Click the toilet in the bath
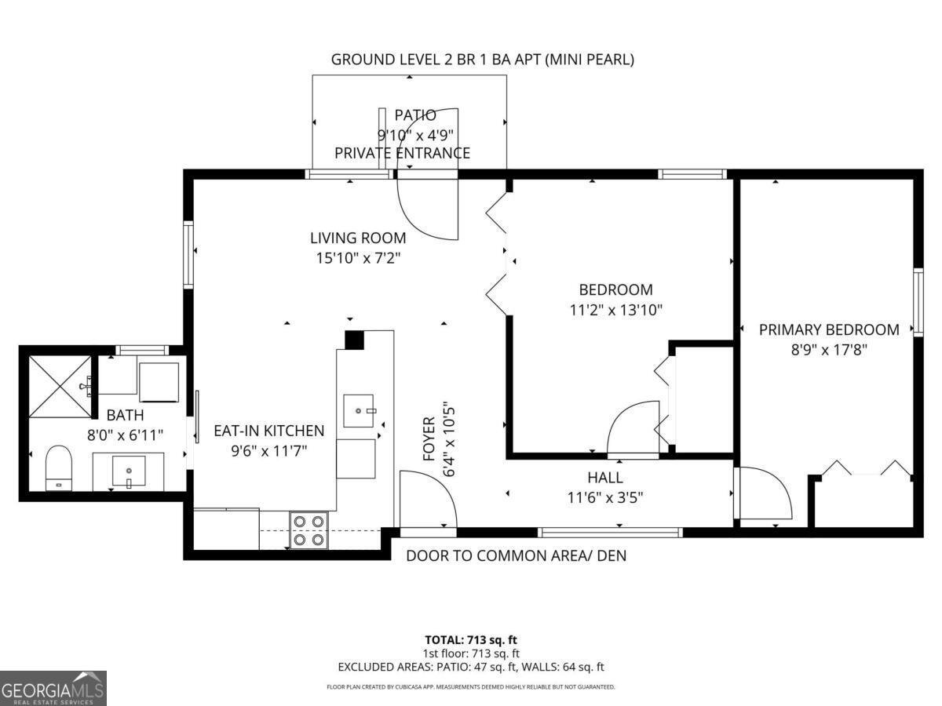(x=58, y=468)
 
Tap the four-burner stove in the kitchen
(x=309, y=529)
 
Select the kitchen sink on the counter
(x=358, y=411)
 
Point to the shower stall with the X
(x=60, y=386)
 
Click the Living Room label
(x=358, y=238)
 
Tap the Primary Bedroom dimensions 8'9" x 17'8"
(x=829, y=350)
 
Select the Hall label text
(x=605, y=477)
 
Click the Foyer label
(x=429, y=439)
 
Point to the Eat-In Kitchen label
(x=269, y=431)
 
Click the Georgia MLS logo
(x=53, y=688)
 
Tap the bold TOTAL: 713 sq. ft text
(x=471, y=640)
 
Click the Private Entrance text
(x=402, y=153)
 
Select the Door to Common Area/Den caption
(x=517, y=555)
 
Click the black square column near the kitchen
(x=355, y=340)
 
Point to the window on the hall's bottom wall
(x=610, y=533)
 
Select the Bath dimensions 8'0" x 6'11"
(x=126, y=435)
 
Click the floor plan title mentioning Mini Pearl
(x=482, y=60)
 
